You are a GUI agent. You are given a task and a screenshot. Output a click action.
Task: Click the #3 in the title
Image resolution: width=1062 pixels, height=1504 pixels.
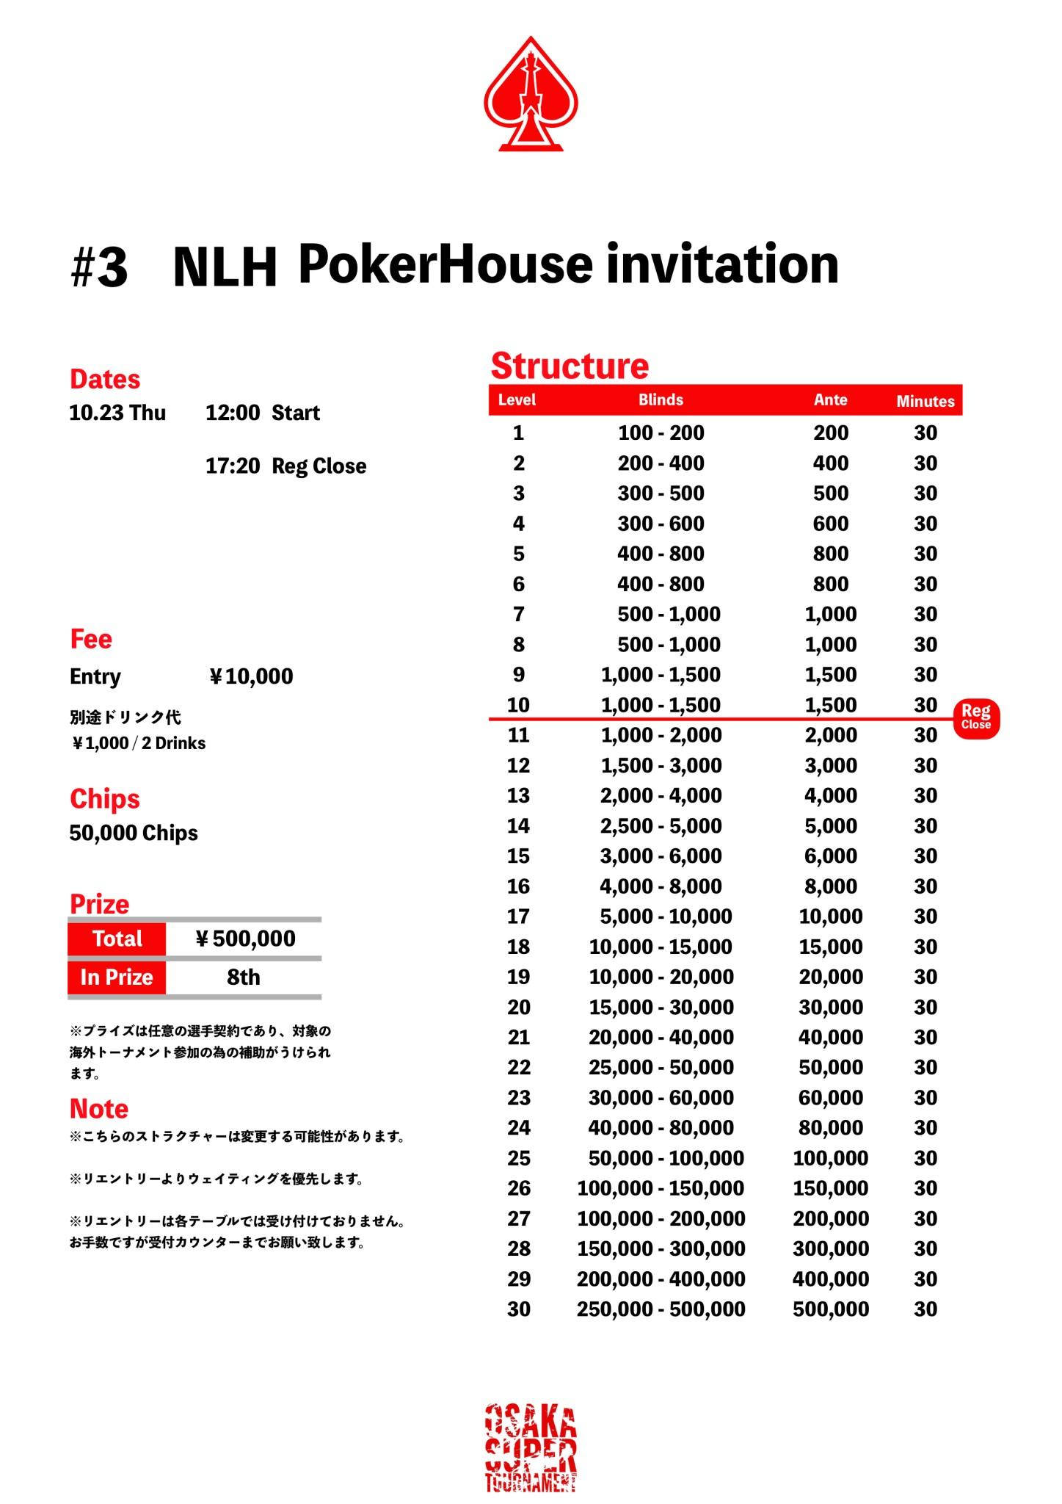click(x=99, y=267)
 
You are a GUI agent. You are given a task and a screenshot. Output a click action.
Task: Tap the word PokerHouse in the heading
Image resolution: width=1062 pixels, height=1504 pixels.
click(x=445, y=264)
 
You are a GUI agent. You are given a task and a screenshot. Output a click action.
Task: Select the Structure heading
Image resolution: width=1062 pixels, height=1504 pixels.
click(x=570, y=366)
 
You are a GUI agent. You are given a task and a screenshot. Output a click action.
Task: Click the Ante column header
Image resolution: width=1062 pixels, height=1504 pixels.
click(x=830, y=400)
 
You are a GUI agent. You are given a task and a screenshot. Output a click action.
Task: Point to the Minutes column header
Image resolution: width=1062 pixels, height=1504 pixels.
click(x=925, y=401)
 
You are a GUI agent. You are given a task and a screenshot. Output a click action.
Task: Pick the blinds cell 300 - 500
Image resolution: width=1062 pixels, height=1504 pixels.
click(x=661, y=493)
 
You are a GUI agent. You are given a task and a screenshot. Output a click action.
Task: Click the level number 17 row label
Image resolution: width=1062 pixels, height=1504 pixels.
click(x=518, y=916)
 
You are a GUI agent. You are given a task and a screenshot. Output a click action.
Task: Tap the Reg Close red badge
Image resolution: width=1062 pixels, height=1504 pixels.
click(x=976, y=717)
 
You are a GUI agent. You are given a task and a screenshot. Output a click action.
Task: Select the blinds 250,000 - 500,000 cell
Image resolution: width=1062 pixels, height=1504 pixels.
click(x=661, y=1309)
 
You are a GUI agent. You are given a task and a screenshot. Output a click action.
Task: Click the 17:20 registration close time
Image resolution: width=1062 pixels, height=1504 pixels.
click(x=233, y=466)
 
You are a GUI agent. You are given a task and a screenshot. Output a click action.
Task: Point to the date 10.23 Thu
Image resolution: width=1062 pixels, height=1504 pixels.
click(x=117, y=413)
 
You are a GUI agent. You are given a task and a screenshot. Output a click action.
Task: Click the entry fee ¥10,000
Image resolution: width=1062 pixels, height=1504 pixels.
click(x=251, y=676)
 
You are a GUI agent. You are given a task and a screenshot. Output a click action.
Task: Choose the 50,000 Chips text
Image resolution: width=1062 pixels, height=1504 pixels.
click(x=134, y=834)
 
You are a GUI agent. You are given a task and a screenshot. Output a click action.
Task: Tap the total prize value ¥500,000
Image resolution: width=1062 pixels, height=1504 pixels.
click(x=245, y=939)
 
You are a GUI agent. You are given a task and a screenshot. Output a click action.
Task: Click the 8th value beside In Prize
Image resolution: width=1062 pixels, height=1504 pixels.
click(x=243, y=977)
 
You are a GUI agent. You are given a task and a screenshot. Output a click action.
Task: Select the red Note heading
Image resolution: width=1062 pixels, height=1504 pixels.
click(x=99, y=1109)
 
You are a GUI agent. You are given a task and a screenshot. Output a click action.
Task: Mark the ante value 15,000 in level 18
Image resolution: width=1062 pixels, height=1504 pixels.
click(x=830, y=947)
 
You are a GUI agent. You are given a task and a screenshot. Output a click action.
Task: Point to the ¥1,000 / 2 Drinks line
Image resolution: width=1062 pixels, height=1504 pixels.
click(x=138, y=743)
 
